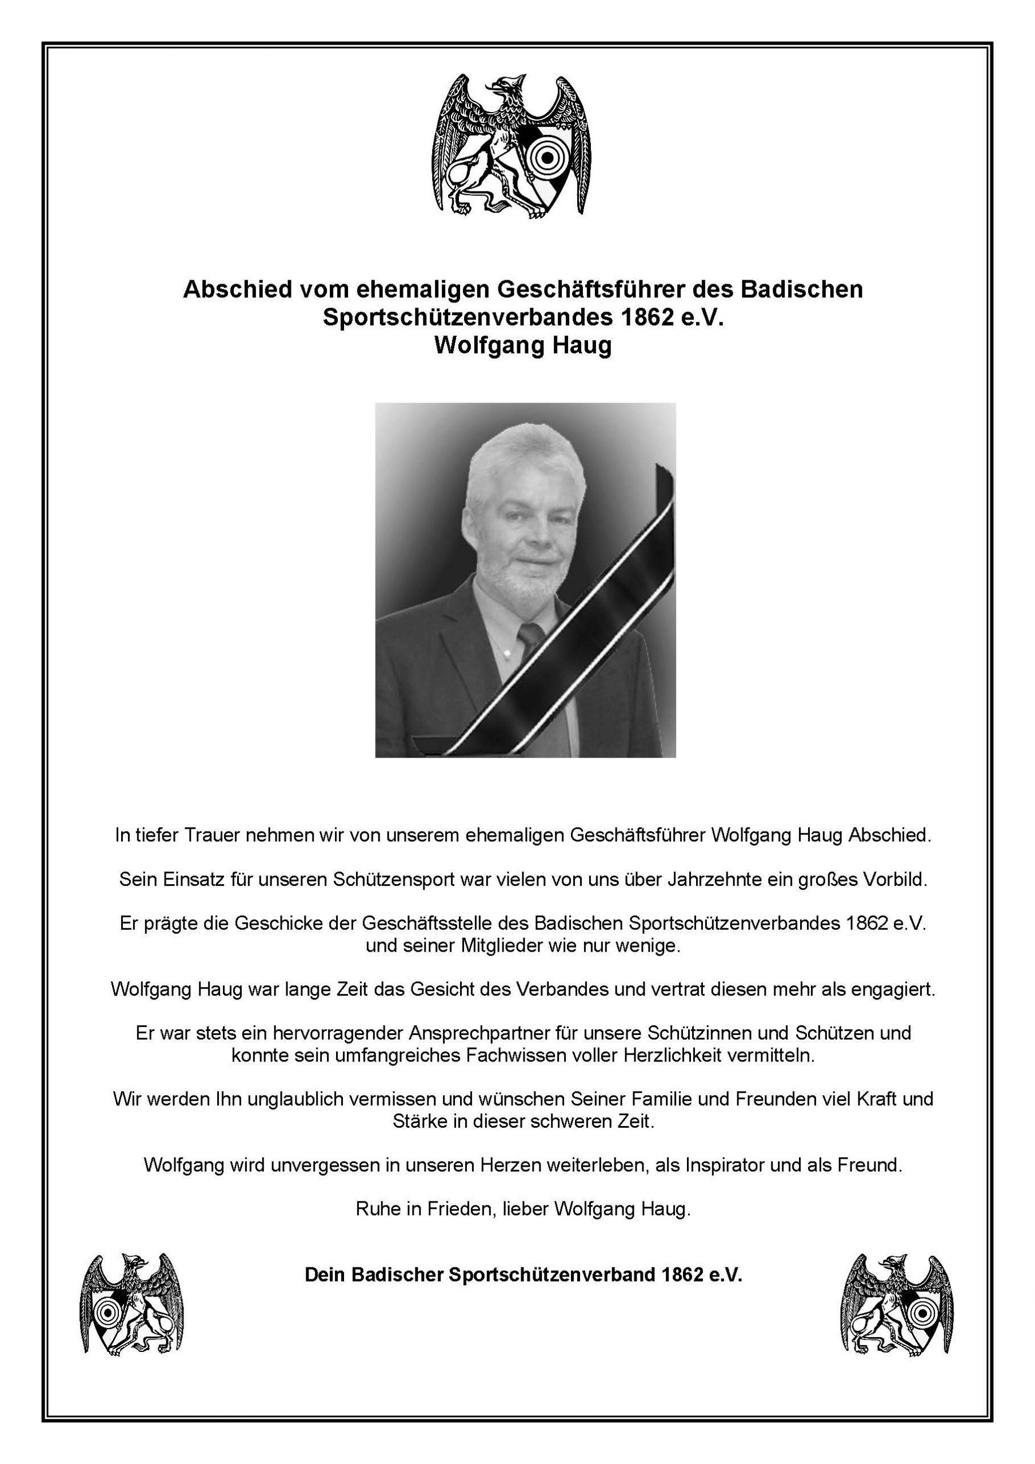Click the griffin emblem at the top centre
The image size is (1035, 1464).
coord(511,146)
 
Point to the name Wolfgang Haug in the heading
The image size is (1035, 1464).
coord(522,345)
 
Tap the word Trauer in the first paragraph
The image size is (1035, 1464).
coord(214,836)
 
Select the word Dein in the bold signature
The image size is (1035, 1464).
coord(326,1275)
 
